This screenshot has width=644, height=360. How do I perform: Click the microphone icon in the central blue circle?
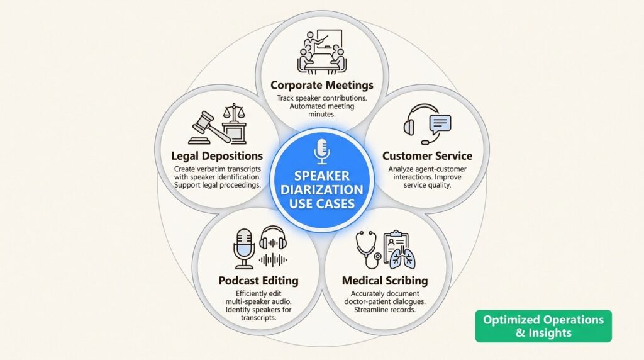(322, 151)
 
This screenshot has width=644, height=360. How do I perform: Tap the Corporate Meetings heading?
(322, 85)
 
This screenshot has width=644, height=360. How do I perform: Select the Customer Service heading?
(427, 155)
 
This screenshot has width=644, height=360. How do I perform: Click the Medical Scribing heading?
(385, 280)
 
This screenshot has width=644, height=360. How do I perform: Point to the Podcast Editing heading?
(258, 280)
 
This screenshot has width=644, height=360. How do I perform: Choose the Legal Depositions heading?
(216, 155)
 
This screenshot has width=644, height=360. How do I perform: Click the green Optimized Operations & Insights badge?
(543, 326)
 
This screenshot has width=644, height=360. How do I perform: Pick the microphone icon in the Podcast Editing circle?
(243, 245)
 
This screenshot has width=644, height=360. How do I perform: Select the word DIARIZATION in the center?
(322, 189)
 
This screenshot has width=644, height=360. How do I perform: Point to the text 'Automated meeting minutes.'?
(322, 111)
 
